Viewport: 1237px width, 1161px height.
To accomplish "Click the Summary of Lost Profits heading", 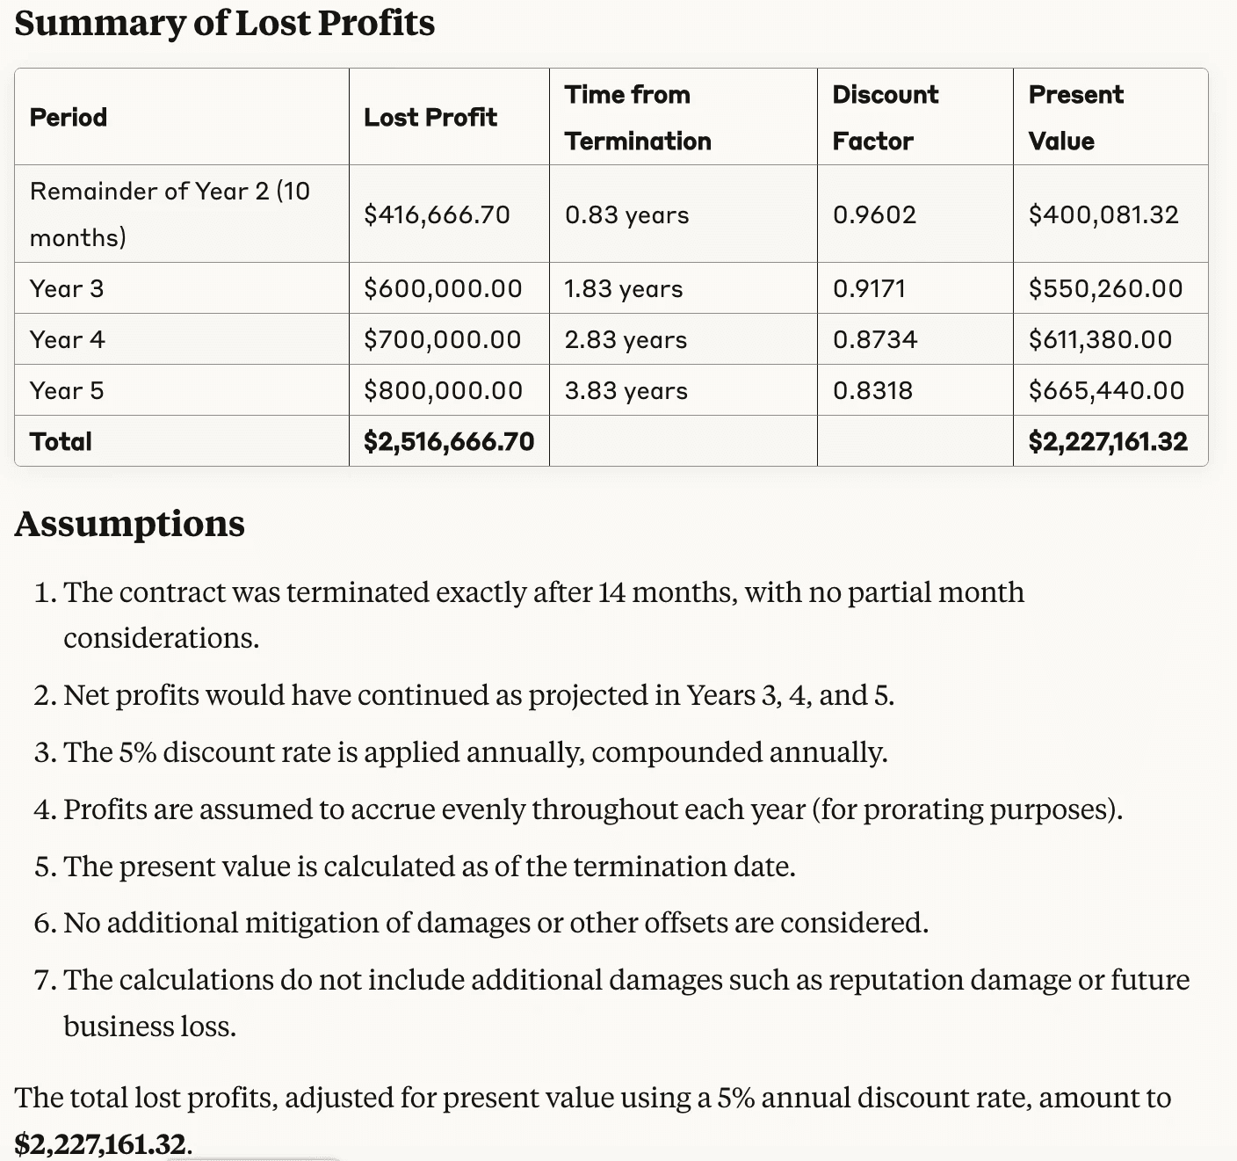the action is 224,23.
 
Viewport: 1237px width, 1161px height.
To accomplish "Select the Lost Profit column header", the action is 430,117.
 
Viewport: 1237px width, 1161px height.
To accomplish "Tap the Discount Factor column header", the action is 885,118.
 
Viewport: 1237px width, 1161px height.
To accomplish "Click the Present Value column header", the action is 1075,118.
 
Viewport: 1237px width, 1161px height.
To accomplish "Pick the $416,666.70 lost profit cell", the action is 437,215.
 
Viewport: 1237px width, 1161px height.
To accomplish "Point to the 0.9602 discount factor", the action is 874,215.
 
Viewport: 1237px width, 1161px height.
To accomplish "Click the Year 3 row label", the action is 67,288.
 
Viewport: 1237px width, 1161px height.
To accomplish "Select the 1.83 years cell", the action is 624,288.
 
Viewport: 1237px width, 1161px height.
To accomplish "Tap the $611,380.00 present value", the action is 1100,339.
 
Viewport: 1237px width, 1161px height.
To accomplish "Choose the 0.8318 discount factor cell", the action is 872,391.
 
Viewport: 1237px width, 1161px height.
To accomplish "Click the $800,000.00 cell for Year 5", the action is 443,391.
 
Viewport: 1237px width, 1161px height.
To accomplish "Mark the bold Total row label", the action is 61,442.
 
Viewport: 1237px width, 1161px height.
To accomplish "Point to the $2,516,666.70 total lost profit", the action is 449,442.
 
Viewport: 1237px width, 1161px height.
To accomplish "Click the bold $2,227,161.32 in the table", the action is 1108,442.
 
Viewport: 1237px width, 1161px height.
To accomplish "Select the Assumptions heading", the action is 129,524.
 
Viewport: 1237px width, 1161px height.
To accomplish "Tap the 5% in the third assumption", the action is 138,752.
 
